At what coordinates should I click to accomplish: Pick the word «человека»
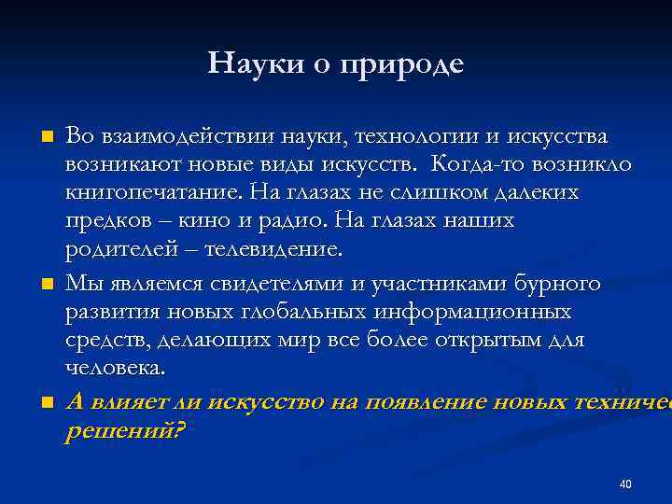click(x=115, y=368)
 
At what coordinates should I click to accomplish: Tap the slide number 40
click(x=625, y=484)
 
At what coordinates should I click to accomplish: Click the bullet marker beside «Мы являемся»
click(x=48, y=285)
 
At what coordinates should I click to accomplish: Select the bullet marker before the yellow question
click(x=48, y=402)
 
